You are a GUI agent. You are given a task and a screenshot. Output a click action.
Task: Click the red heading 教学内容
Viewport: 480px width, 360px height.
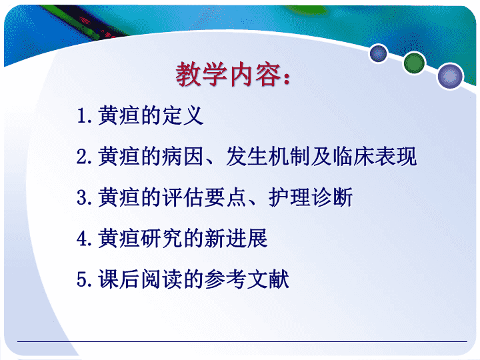point(228,74)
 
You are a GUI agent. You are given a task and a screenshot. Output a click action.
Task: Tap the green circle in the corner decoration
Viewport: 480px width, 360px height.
point(414,63)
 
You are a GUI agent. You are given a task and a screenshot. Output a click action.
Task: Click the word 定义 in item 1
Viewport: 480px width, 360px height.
point(183,115)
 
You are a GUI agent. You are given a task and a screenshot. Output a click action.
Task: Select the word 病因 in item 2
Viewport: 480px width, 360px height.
point(183,156)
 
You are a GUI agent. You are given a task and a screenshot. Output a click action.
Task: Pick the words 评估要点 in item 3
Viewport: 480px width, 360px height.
point(204,197)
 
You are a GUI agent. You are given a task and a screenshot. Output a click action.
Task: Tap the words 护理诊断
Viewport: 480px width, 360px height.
point(311,197)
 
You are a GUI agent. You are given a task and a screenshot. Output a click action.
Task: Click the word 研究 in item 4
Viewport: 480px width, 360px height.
point(161,238)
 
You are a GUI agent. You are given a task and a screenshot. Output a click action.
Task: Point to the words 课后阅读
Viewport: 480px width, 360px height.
point(140,279)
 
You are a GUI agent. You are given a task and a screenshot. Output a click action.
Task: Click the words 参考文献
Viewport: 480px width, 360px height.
point(247,279)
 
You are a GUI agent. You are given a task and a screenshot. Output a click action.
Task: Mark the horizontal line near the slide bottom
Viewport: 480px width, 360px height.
point(242,341)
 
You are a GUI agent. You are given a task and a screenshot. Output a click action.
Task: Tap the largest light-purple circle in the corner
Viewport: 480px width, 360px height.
point(450,76)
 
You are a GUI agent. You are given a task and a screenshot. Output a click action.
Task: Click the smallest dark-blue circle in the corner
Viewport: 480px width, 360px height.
point(379,53)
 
